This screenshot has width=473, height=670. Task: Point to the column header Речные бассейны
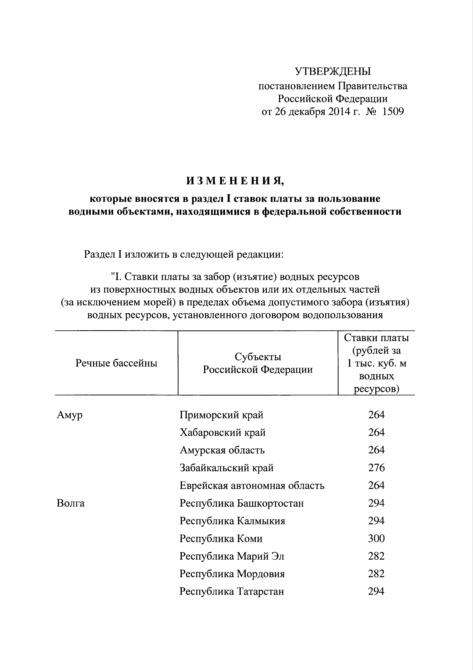(x=116, y=363)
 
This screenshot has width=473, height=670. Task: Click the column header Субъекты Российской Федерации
(x=258, y=363)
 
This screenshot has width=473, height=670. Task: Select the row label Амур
(x=70, y=415)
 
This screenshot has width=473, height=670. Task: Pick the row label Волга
(x=71, y=503)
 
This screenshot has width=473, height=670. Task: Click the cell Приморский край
(x=221, y=415)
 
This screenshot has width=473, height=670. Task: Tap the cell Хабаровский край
(x=223, y=432)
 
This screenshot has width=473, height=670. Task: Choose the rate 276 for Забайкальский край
(x=376, y=468)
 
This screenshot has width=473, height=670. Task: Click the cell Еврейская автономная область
(x=252, y=486)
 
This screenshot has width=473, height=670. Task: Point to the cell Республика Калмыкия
(x=232, y=521)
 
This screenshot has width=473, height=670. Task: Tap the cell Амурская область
(x=222, y=450)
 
